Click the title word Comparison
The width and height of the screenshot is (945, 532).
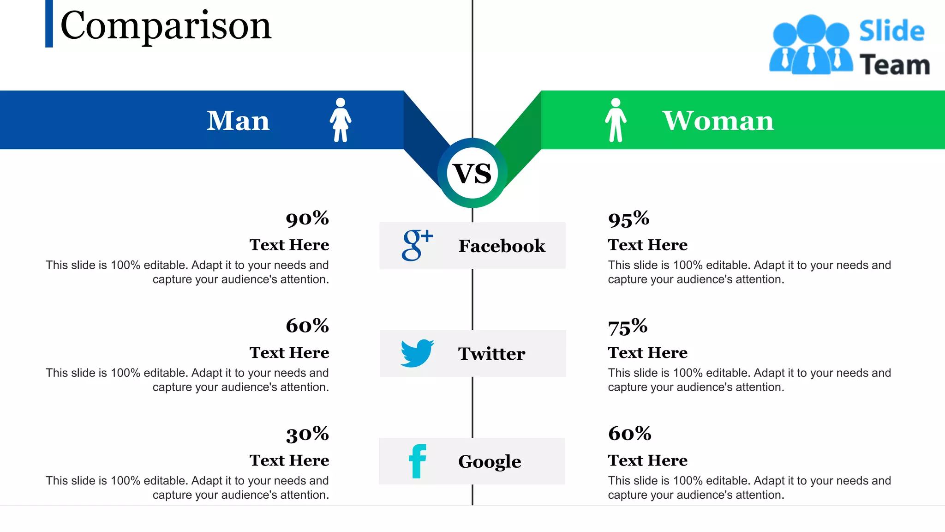click(166, 26)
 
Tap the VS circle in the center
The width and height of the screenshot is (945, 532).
click(472, 173)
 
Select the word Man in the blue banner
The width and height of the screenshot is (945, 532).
click(238, 121)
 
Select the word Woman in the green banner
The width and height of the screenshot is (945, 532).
click(718, 121)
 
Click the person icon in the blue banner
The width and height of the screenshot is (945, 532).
click(341, 120)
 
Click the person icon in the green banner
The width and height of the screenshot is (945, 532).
click(616, 120)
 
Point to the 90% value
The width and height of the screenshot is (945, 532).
click(307, 218)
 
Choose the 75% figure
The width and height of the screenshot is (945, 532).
click(628, 327)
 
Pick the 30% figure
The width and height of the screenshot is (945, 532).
click(307, 434)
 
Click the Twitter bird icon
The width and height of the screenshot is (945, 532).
click(417, 353)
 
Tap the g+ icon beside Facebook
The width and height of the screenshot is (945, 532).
click(417, 245)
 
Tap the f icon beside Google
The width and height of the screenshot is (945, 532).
click(418, 461)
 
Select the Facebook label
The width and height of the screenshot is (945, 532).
click(502, 246)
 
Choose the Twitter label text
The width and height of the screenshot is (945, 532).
click(491, 354)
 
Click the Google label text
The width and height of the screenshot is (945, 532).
click(490, 461)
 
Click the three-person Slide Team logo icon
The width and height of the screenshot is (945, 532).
click(811, 45)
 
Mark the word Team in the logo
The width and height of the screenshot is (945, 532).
click(894, 65)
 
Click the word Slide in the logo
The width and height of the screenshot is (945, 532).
click(891, 31)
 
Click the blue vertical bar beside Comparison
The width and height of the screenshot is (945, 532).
click(49, 24)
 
